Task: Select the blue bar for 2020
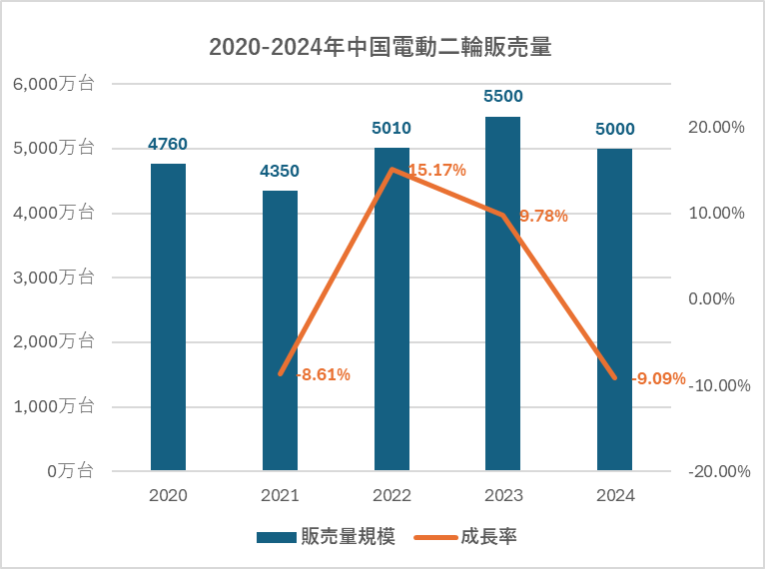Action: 168,316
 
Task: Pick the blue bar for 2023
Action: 502,293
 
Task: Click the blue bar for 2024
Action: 614,309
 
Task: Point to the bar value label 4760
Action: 168,144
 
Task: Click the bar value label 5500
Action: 502,97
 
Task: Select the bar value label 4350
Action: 280,171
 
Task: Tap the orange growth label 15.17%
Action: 437,170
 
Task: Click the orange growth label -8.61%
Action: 323,374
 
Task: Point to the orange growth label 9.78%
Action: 543,215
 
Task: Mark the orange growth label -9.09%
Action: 659,378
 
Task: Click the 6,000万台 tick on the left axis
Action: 54,84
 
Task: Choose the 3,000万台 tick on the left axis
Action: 54,278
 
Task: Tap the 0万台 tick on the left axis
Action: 71,470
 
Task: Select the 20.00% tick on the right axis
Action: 717,127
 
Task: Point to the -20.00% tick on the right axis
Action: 717,471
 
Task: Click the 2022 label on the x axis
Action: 391,495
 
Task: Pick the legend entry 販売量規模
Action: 326,537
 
